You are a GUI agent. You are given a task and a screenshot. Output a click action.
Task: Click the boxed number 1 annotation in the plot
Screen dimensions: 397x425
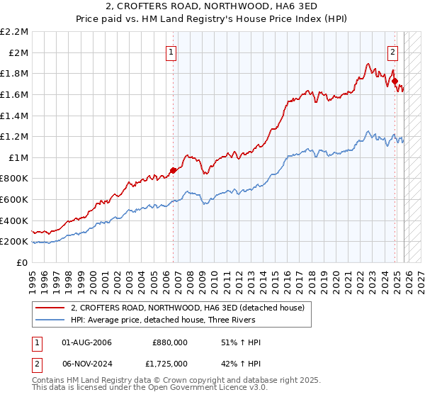[172, 51]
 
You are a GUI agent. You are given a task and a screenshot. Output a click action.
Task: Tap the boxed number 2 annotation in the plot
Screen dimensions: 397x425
[393, 51]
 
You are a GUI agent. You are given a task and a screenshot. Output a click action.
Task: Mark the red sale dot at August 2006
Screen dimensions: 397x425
[173, 170]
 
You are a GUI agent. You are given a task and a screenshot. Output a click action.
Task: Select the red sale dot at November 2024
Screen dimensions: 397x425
[395, 81]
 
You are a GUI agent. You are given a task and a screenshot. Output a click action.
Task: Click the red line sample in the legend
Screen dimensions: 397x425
[50, 308]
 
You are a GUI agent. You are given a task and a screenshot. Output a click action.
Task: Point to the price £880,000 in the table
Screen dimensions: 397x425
[170, 342]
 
